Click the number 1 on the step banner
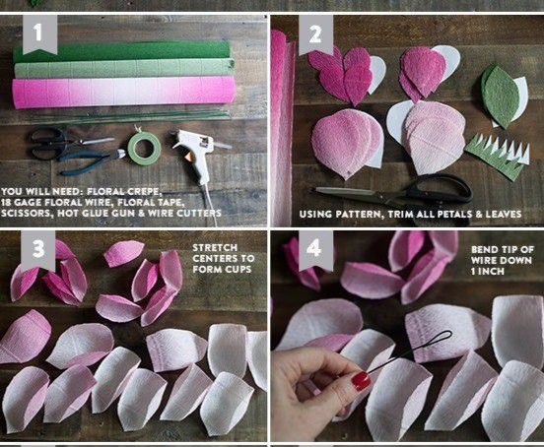[x=37, y=32]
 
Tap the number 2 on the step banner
[x=314, y=34]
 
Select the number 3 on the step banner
[x=37, y=248]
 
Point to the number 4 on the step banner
[x=314, y=248]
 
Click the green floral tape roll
[x=144, y=149]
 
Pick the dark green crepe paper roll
[x=121, y=51]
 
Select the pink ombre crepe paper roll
[x=123, y=91]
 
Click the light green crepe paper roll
[x=124, y=68]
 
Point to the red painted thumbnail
[x=361, y=381]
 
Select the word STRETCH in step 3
[x=215, y=248]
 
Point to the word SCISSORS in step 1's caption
[x=27, y=213]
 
